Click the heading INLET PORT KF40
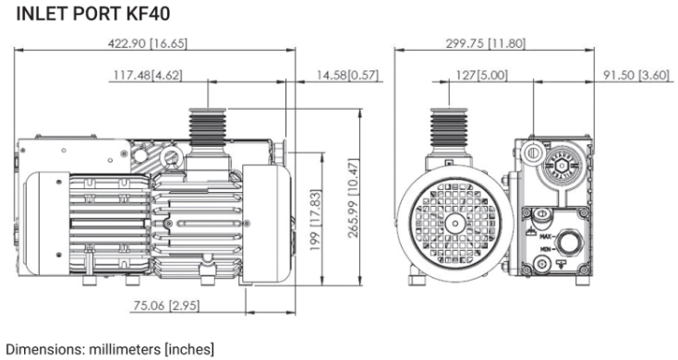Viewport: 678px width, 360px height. (93, 14)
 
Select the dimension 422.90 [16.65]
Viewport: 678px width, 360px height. (148, 43)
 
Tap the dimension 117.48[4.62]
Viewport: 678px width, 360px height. (148, 75)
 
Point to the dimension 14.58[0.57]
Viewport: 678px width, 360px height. (347, 75)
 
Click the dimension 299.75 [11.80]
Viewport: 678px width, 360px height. (486, 43)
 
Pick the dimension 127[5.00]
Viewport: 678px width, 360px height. (481, 75)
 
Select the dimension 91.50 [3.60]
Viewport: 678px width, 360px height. (636, 75)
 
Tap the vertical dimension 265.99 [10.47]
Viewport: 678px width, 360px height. (354, 198)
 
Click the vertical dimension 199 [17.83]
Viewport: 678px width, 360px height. (316, 221)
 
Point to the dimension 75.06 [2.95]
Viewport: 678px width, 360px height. (166, 306)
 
